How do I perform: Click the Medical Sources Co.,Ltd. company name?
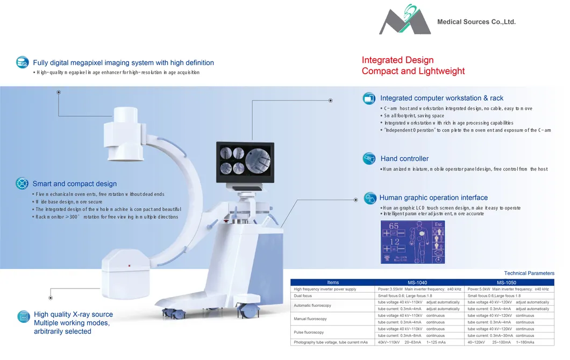[x=476, y=22]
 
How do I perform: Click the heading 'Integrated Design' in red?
[x=397, y=60]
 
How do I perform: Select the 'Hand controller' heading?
[x=404, y=159]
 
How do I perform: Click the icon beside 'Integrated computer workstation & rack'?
[x=369, y=98]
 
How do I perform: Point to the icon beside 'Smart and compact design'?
[x=22, y=183]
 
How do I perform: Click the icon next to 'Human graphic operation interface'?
[x=370, y=198]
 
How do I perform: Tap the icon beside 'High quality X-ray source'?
[x=23, y=316]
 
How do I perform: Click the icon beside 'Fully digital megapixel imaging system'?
[x=22, y=62]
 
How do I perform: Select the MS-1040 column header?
[x=417, y=283]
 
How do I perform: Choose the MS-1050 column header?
[x=507, y=283]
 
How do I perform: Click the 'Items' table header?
[x=333, y=283]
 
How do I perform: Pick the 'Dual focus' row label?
[x=303, y=296]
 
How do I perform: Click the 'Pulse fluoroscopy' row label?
[x=309, y=333]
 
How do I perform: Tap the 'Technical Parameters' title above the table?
[x=529, y=273]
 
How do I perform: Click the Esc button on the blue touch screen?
[x=438, y=224]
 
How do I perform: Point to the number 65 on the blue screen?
[x=394, y=226]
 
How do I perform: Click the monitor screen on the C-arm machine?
[x=243, y=159]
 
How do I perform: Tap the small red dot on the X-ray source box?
[x=129, y=266]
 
